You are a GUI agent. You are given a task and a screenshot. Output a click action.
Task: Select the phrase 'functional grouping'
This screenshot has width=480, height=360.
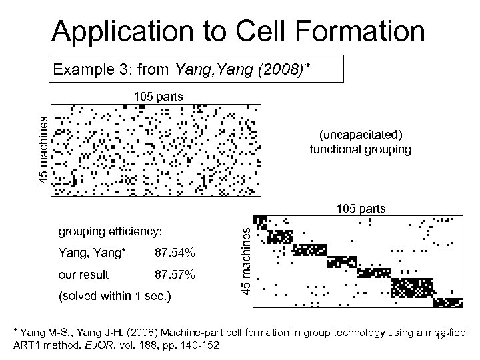point(360,149)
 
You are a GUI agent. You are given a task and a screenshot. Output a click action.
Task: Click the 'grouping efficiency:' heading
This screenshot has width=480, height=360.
point(111,231)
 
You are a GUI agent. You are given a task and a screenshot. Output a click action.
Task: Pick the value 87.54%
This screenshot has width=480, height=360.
point(175,253)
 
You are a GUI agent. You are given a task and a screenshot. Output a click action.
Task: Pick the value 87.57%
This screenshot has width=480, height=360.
point(175,274)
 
